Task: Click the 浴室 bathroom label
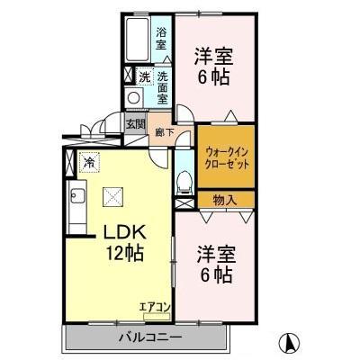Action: (x=160, y=39)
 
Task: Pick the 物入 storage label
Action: (x=225, y=200)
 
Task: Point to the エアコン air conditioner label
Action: (x=154, y=307)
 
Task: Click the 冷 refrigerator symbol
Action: (x=88, y=163)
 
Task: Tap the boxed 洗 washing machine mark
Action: (x=144, y=76)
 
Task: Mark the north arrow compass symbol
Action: (x=291, y=342)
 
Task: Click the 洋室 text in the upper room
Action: (x=212, y=55)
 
